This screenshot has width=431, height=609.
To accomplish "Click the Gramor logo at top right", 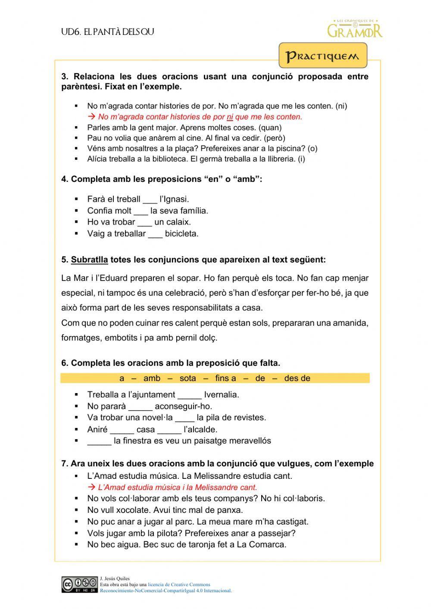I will point(355,29).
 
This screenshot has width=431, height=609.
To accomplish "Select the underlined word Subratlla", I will point(89,260).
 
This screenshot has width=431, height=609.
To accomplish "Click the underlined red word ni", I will point(230,117).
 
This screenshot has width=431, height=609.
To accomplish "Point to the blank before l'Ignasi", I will point(150,200).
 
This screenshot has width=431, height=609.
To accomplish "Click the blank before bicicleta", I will point(155,234).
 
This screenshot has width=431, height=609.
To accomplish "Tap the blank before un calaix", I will point(144,222).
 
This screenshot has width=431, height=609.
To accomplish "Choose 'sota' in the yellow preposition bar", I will point(187,378).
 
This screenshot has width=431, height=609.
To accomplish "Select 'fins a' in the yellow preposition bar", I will point(225,378).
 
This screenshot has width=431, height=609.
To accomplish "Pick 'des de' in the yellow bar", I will point(297,378).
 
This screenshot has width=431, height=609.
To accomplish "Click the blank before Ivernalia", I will point(189,395).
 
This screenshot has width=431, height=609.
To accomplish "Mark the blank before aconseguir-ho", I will point(140,406).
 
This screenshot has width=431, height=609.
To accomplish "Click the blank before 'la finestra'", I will point(99,441).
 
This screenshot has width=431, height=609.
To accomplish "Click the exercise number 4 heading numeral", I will point(64,179).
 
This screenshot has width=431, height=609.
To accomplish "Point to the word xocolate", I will point(133,510).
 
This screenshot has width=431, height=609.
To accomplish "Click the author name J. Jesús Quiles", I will point(115,579).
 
